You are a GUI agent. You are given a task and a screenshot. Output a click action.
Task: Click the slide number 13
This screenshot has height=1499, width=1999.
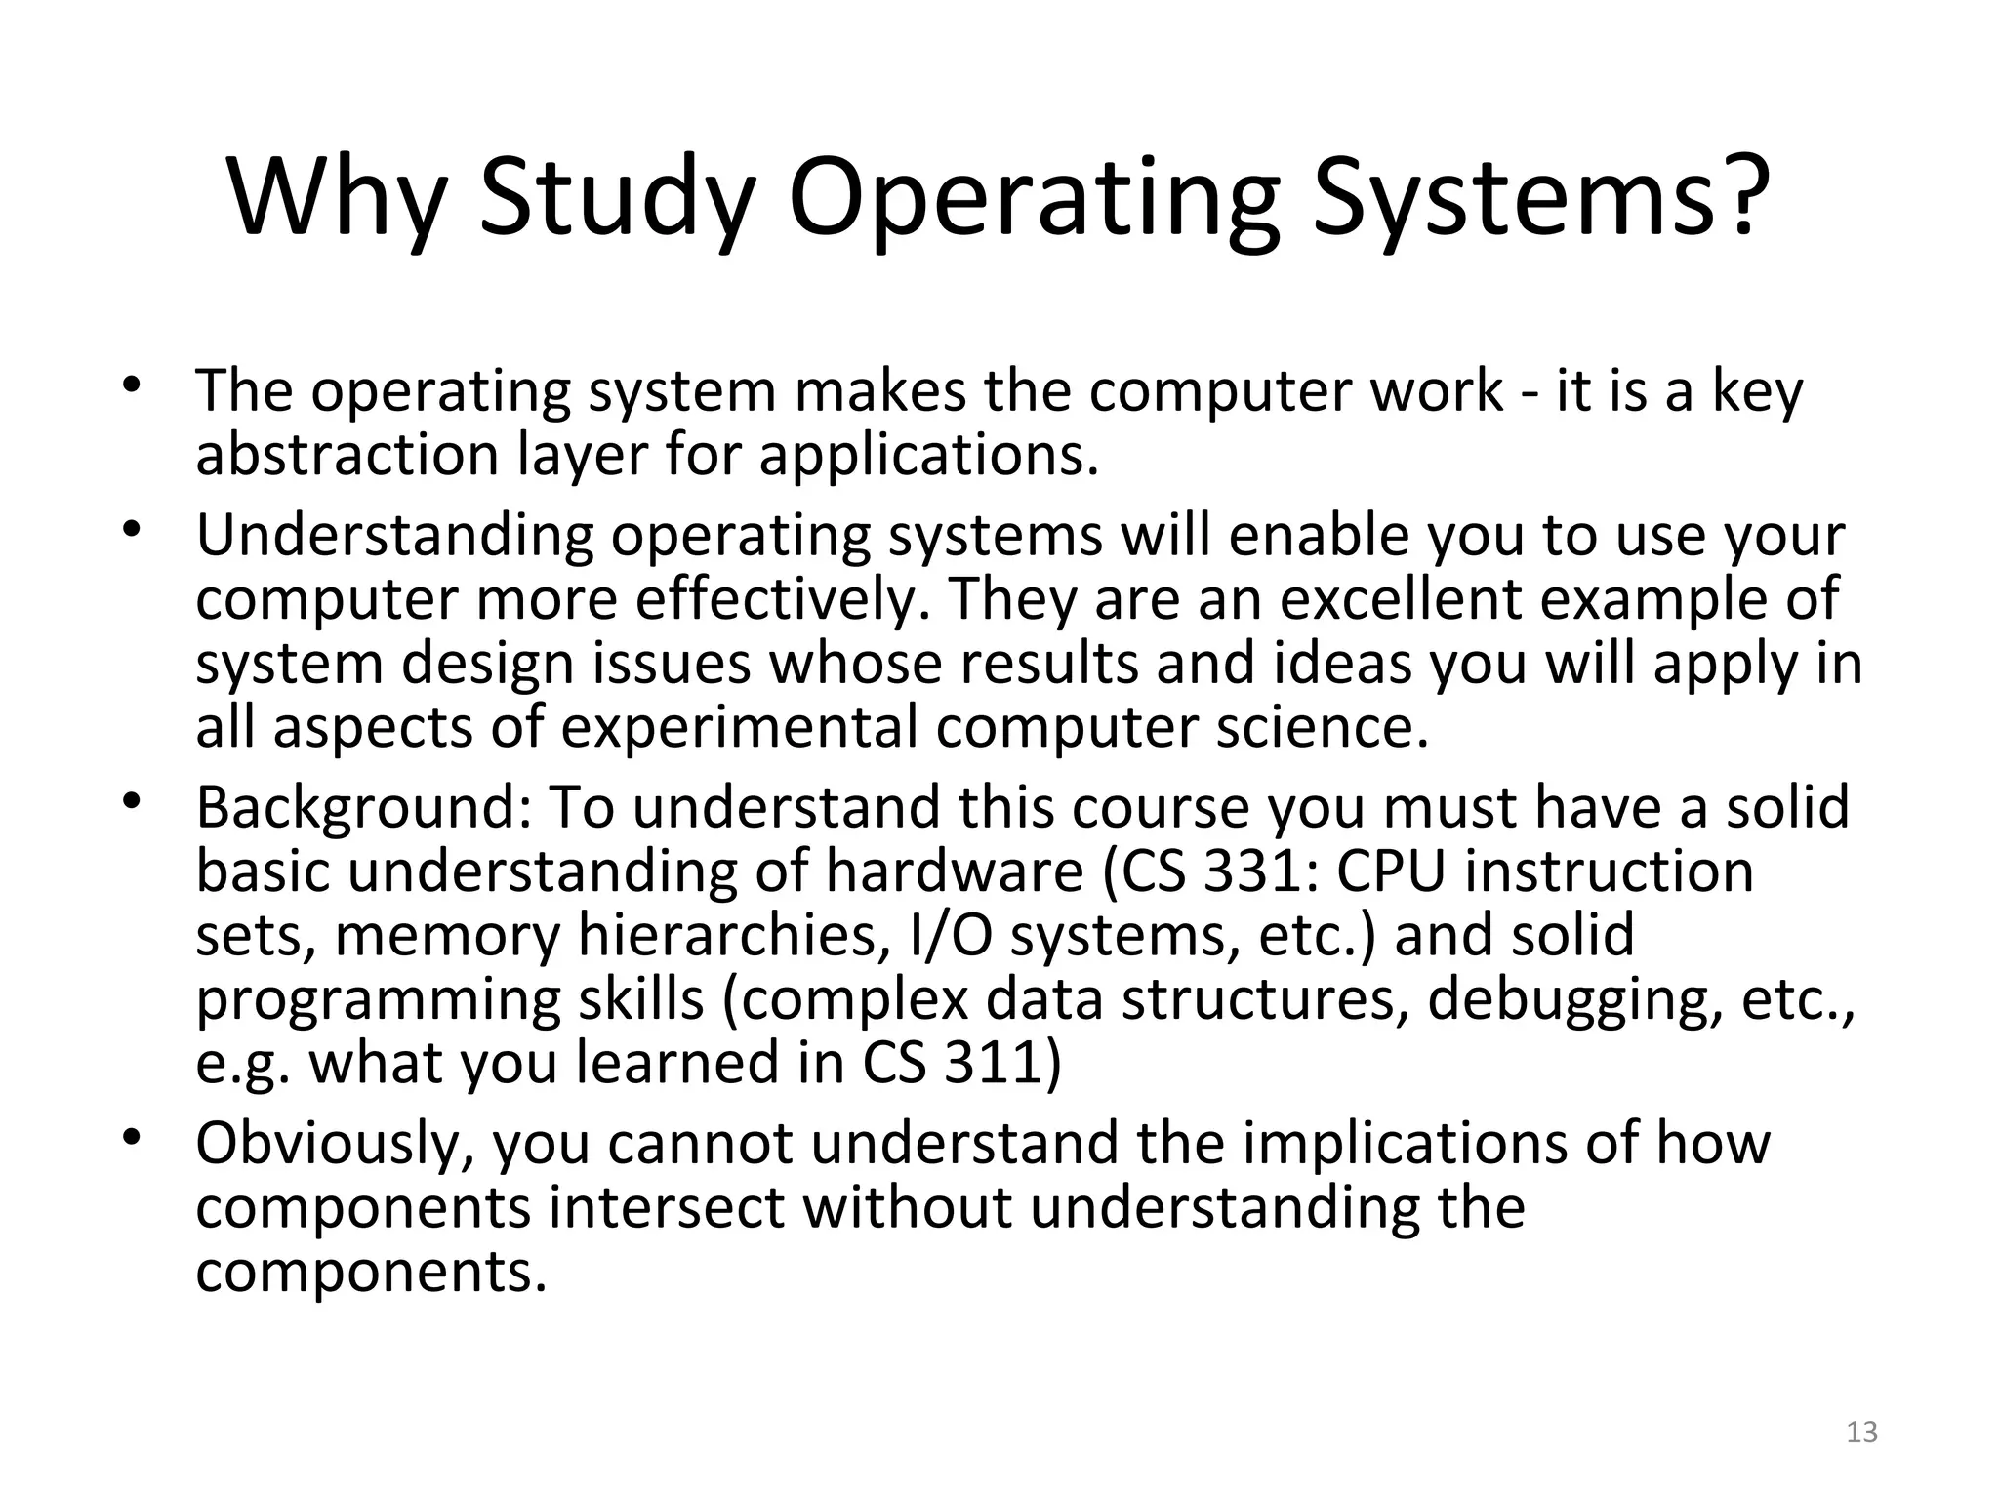point(1862,1433)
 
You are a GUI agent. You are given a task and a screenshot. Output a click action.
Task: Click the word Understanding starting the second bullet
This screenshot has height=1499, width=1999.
point(394,537)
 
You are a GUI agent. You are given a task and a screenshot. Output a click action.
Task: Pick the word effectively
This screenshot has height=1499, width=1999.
point(781,599)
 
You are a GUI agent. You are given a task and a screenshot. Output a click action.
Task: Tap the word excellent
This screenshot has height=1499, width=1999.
point(1400,599)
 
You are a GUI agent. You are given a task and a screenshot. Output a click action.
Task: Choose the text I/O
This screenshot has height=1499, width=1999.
point(951,935)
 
